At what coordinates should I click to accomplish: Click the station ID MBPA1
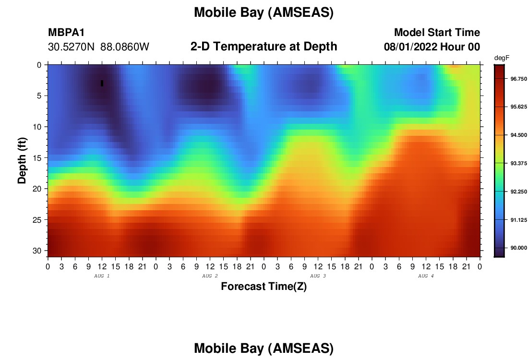click(66, 32)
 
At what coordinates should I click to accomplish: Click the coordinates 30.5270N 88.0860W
click(99, 47)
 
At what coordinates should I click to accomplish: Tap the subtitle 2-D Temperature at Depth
click(264, 47)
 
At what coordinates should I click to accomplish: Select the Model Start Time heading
click(437, 32)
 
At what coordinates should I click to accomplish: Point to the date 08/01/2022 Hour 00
click(432, 47)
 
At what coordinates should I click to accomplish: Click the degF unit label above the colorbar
click(502, 58)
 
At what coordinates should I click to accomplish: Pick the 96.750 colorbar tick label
click(518, 79)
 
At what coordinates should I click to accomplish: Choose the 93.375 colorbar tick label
click(518, 163)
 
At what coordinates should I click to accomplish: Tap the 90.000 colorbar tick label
click(518, 248)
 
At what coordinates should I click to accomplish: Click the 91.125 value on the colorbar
click(518, 220)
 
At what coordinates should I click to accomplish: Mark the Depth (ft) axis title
click(22, 160)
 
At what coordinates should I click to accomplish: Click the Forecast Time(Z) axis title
click(264, 286)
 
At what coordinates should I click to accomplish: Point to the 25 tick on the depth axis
click(37, 220)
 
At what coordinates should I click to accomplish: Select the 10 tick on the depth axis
click(37, 127)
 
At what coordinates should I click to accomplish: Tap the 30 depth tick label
click(37, 251)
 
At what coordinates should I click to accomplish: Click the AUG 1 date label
click(102, 276)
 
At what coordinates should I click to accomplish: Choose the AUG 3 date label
click(318, 276)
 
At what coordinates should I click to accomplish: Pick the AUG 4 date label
click(426, 276)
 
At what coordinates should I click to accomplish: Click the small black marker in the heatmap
click(102, 83)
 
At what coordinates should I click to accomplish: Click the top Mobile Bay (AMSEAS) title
click(264, 12)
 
